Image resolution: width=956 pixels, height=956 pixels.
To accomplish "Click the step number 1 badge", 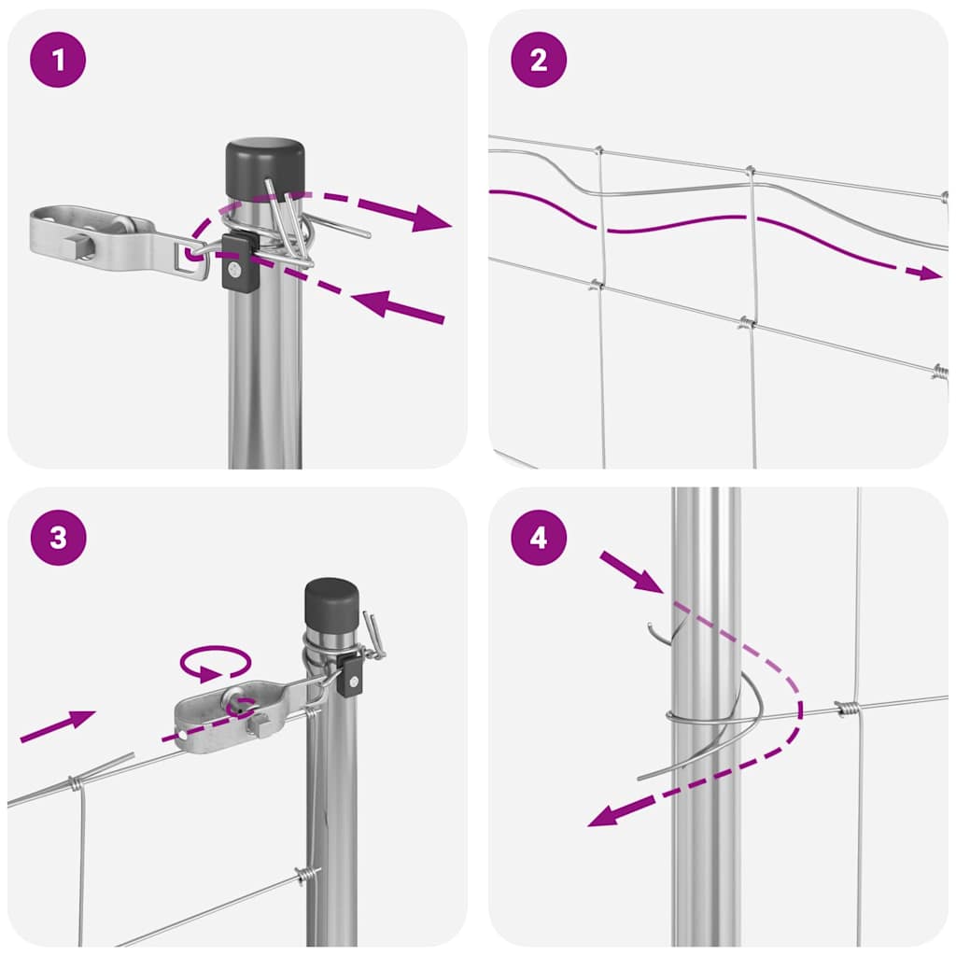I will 59,61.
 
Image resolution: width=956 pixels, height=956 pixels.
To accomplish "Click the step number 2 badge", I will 539,61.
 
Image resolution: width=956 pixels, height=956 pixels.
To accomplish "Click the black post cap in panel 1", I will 265,167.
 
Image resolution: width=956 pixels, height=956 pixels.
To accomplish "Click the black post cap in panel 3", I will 331,602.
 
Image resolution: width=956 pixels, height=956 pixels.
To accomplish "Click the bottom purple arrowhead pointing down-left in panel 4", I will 605,815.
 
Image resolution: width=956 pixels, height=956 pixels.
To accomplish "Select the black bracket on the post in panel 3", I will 352,673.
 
